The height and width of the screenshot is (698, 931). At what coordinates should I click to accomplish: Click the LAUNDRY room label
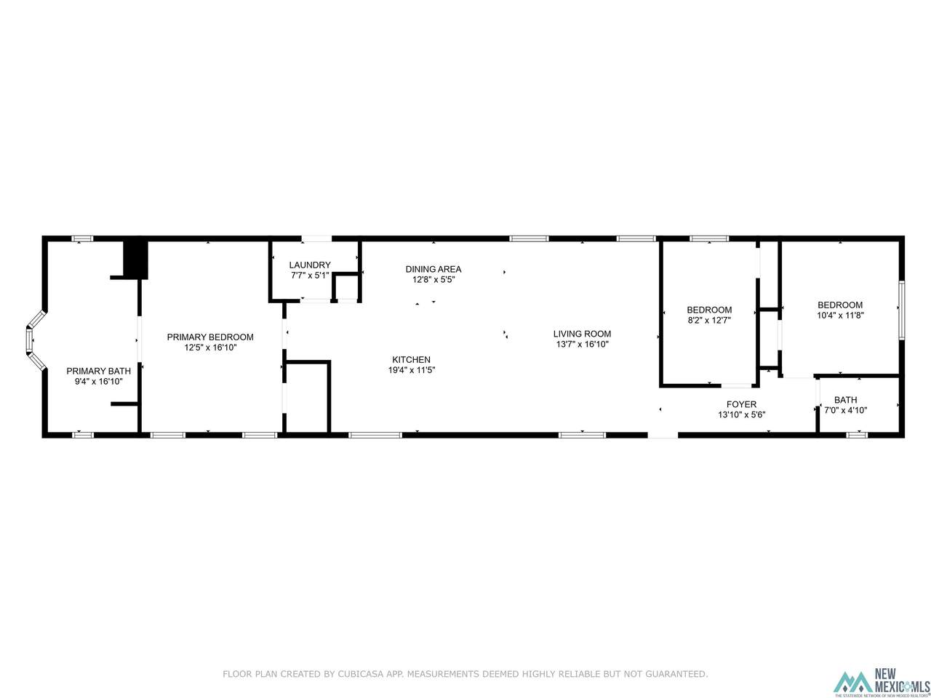tap(310, 265)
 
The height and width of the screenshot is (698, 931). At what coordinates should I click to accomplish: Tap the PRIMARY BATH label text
tap(98, 371)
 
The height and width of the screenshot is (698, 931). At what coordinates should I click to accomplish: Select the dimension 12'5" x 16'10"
tap(210, 348)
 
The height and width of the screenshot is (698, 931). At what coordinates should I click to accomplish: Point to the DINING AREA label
tap(433, 269)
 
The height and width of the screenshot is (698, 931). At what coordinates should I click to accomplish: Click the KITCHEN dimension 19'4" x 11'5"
tap(412, 370)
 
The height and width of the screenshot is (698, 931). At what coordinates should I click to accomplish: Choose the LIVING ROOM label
tap(582, 334)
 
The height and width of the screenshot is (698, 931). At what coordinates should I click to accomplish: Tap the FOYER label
tap(741, 404)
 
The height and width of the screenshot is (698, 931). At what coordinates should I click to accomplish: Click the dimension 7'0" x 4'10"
tap(845, 410)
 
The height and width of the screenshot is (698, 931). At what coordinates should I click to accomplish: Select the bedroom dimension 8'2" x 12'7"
tap(709, 321)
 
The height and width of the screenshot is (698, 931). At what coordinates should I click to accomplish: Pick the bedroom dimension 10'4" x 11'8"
tap(840, 316)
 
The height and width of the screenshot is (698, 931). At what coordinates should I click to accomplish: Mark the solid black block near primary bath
tap(135, 260)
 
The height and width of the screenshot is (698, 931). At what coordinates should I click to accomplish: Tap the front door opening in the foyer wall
tap(663, 435)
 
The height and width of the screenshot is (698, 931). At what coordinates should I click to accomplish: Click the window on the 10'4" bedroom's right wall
tap(901, 310)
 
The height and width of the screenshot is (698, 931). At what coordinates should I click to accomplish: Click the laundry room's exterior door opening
tap(316, 238)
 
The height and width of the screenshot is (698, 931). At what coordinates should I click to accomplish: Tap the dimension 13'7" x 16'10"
tap(582, 344)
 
